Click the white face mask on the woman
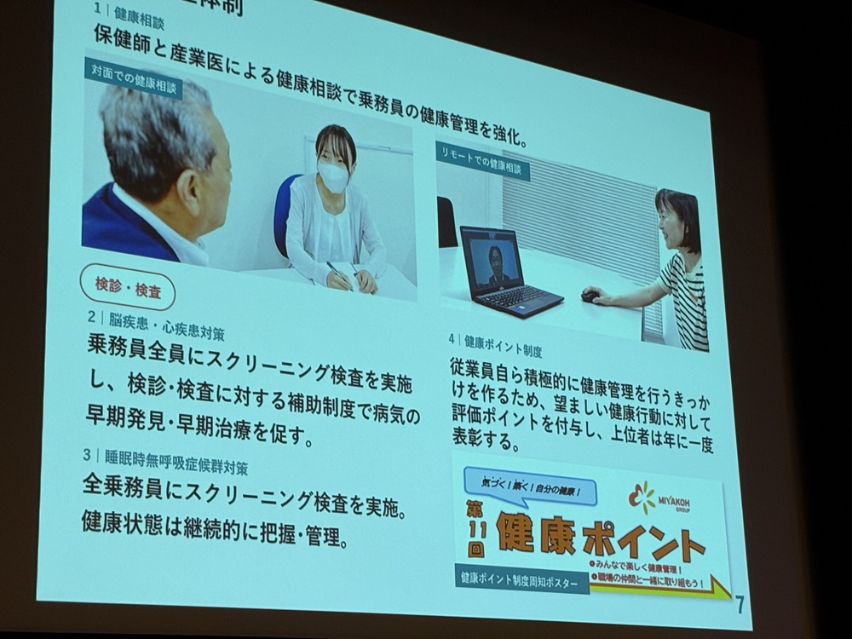333,177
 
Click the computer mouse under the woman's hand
590,296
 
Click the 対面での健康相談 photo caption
134,78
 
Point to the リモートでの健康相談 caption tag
482,161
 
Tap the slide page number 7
739,603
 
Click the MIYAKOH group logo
657,498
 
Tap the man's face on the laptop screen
495,257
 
